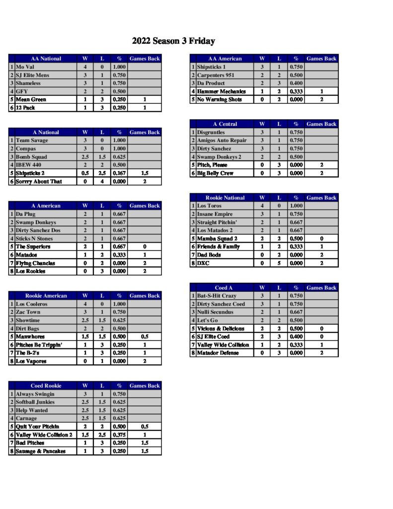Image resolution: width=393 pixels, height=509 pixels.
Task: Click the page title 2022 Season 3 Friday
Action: [173, 41]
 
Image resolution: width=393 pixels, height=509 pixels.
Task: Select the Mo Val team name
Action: [24, 67]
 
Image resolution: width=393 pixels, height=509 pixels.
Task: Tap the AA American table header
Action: [225, 59]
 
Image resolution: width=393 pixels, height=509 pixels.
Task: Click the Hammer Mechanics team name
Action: [221, 91]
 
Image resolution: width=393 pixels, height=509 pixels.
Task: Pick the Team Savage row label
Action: [32, 141]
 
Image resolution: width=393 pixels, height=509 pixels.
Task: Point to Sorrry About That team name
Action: [39, 181]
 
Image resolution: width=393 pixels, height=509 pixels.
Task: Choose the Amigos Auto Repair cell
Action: [222, 141]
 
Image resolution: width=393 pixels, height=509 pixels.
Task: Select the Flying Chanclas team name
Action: [35, 263]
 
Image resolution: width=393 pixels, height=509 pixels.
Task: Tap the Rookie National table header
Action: [225, 198]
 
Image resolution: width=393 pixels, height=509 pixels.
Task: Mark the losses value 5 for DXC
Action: [279, 263]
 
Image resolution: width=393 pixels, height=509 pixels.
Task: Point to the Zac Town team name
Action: [28, 312]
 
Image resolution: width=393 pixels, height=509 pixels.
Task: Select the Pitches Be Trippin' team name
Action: [39, 345]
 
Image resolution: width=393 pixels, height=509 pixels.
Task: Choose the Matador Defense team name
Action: [218, 353]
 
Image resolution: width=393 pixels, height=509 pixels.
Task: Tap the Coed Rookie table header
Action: [46, 386]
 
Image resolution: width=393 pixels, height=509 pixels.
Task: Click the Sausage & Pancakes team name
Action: [40, 451]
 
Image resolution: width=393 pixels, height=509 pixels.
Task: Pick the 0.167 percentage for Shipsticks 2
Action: [119, 173]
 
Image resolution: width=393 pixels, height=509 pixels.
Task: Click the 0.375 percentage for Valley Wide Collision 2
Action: [119, 434]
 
